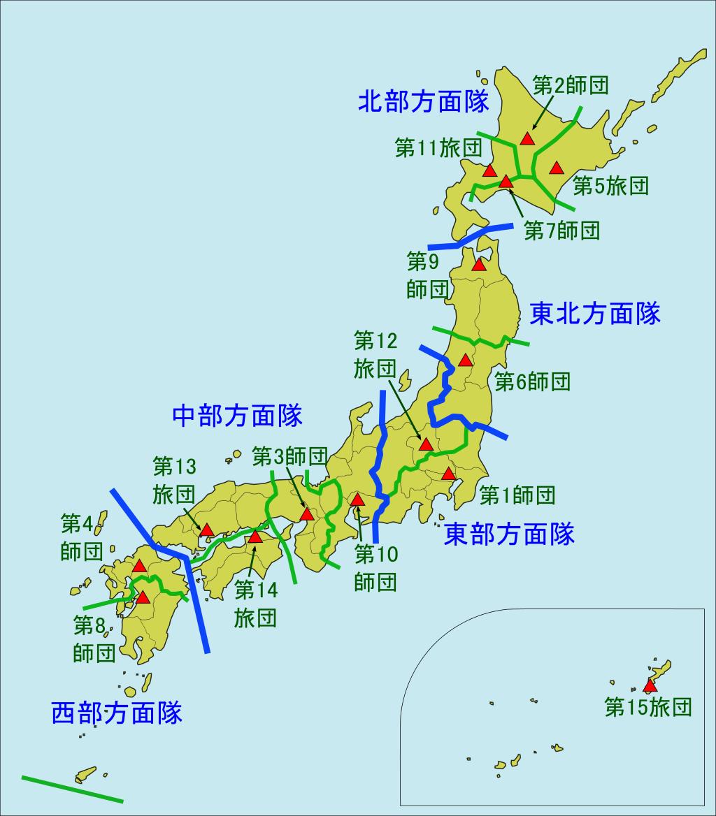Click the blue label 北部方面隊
pyautogui.click(x=423, y=103)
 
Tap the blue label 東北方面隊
pyautogui.click(x=595, y=314)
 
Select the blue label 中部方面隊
pyautogui.click(x=237, y=416)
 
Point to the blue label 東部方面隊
pyautogui.click(x=509, y=534)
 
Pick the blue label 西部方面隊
pyautogui.click(x=117, y=713)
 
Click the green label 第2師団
pyautogui.click(x=570, y=85)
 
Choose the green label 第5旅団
pyautogui.click(x=610, y=186)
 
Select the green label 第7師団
pyautogui.click(x=561, y=231)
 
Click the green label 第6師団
pyautogui.click(x=532, y=381)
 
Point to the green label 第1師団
pyautogui.click(x=517, y=496)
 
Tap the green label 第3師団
pyautogui.click(x=289, y=457)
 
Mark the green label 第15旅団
pyautogui.click(x=648, y=708)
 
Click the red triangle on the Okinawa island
pyautogui.click(x=650, y=685)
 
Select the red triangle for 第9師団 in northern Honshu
pyautogui.click(x=479, y=265)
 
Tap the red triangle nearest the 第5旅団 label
pyautogui.click(x=556, y=168)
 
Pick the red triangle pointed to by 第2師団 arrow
pyautogui.click(x=527, y=138)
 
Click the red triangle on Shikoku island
pyautogui.click(x=255, y=537)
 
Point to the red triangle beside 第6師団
pyautogui.click(x=465, y=360)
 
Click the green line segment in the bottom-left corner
pyautogui.click(x=72, y=789)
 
